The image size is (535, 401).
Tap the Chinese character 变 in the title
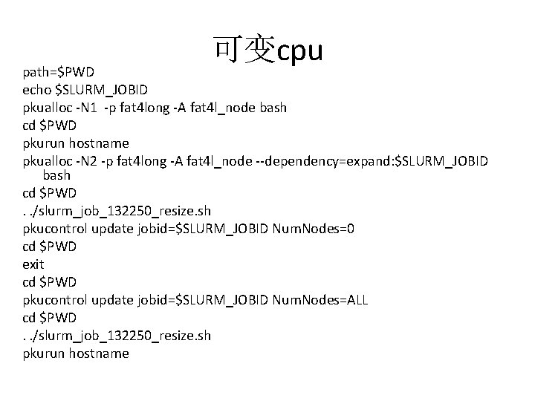point(260,49)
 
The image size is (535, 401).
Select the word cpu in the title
point(299,52)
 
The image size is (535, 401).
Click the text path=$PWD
point(59,72)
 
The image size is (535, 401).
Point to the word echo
point(37,90)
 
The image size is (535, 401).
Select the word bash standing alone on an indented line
point(56,176)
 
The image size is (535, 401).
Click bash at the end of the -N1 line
point(273,108)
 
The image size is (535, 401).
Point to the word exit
point(33,264)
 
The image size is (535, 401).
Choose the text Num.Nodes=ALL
point(320,300)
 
